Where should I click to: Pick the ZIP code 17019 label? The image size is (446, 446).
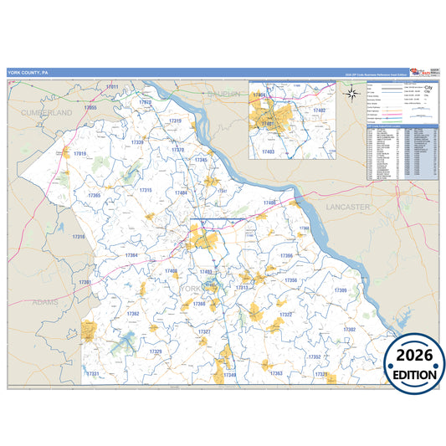tap(79, 154)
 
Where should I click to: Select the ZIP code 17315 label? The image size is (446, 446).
tap(145, 191)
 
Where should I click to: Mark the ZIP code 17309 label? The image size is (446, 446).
tap(341, 290)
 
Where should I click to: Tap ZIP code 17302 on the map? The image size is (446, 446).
tap(349, 330)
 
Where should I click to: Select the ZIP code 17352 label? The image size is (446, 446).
tap(314, 356)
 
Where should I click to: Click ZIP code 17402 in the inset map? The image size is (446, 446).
tap(319, 110)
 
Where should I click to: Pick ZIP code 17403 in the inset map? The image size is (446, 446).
tap(268, 151)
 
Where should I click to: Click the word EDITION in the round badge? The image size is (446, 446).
tap(415, 376)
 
